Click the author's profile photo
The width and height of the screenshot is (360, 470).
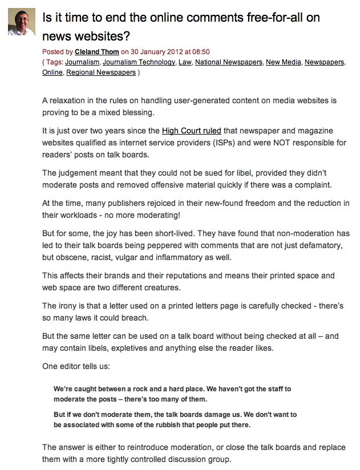21,22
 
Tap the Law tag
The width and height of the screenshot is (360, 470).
184,62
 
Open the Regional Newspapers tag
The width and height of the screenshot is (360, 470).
101,72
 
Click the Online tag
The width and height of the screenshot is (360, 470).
52,72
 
